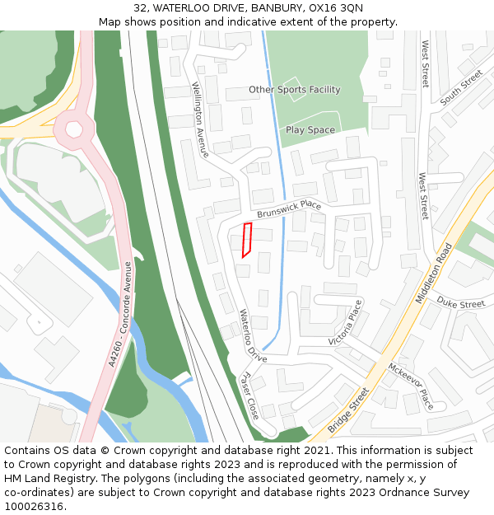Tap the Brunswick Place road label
(x=288, y=209)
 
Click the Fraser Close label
(x=249, y=395)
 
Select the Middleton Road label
(x=434, y=274)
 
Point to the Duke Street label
(x=461, y=303)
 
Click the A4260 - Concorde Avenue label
(x=120, y=314)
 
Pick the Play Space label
(x=310, y=130)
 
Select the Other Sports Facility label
(x=295, y=89)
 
